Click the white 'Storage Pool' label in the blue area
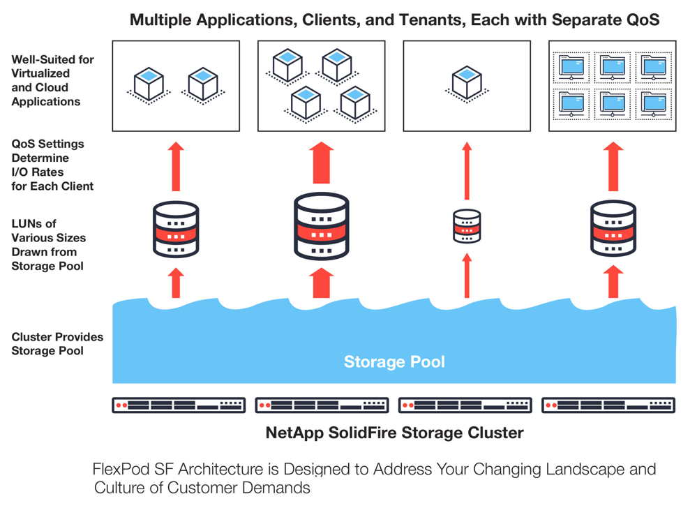pos(394,362)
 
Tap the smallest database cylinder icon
pos(467,226)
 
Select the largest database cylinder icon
pos(322,226)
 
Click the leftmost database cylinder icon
pos(176,230)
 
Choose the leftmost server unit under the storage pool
pos(179,405)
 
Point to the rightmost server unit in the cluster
pos(608,405)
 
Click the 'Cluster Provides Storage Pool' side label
pos(57,344)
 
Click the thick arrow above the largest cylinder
pos(322,163)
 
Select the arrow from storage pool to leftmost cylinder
pos(177,283)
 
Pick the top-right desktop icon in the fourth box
pos(653,67)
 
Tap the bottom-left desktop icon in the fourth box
pos(571,102)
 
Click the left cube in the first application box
pos(148,84)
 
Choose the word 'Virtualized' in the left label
pos(40,73)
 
